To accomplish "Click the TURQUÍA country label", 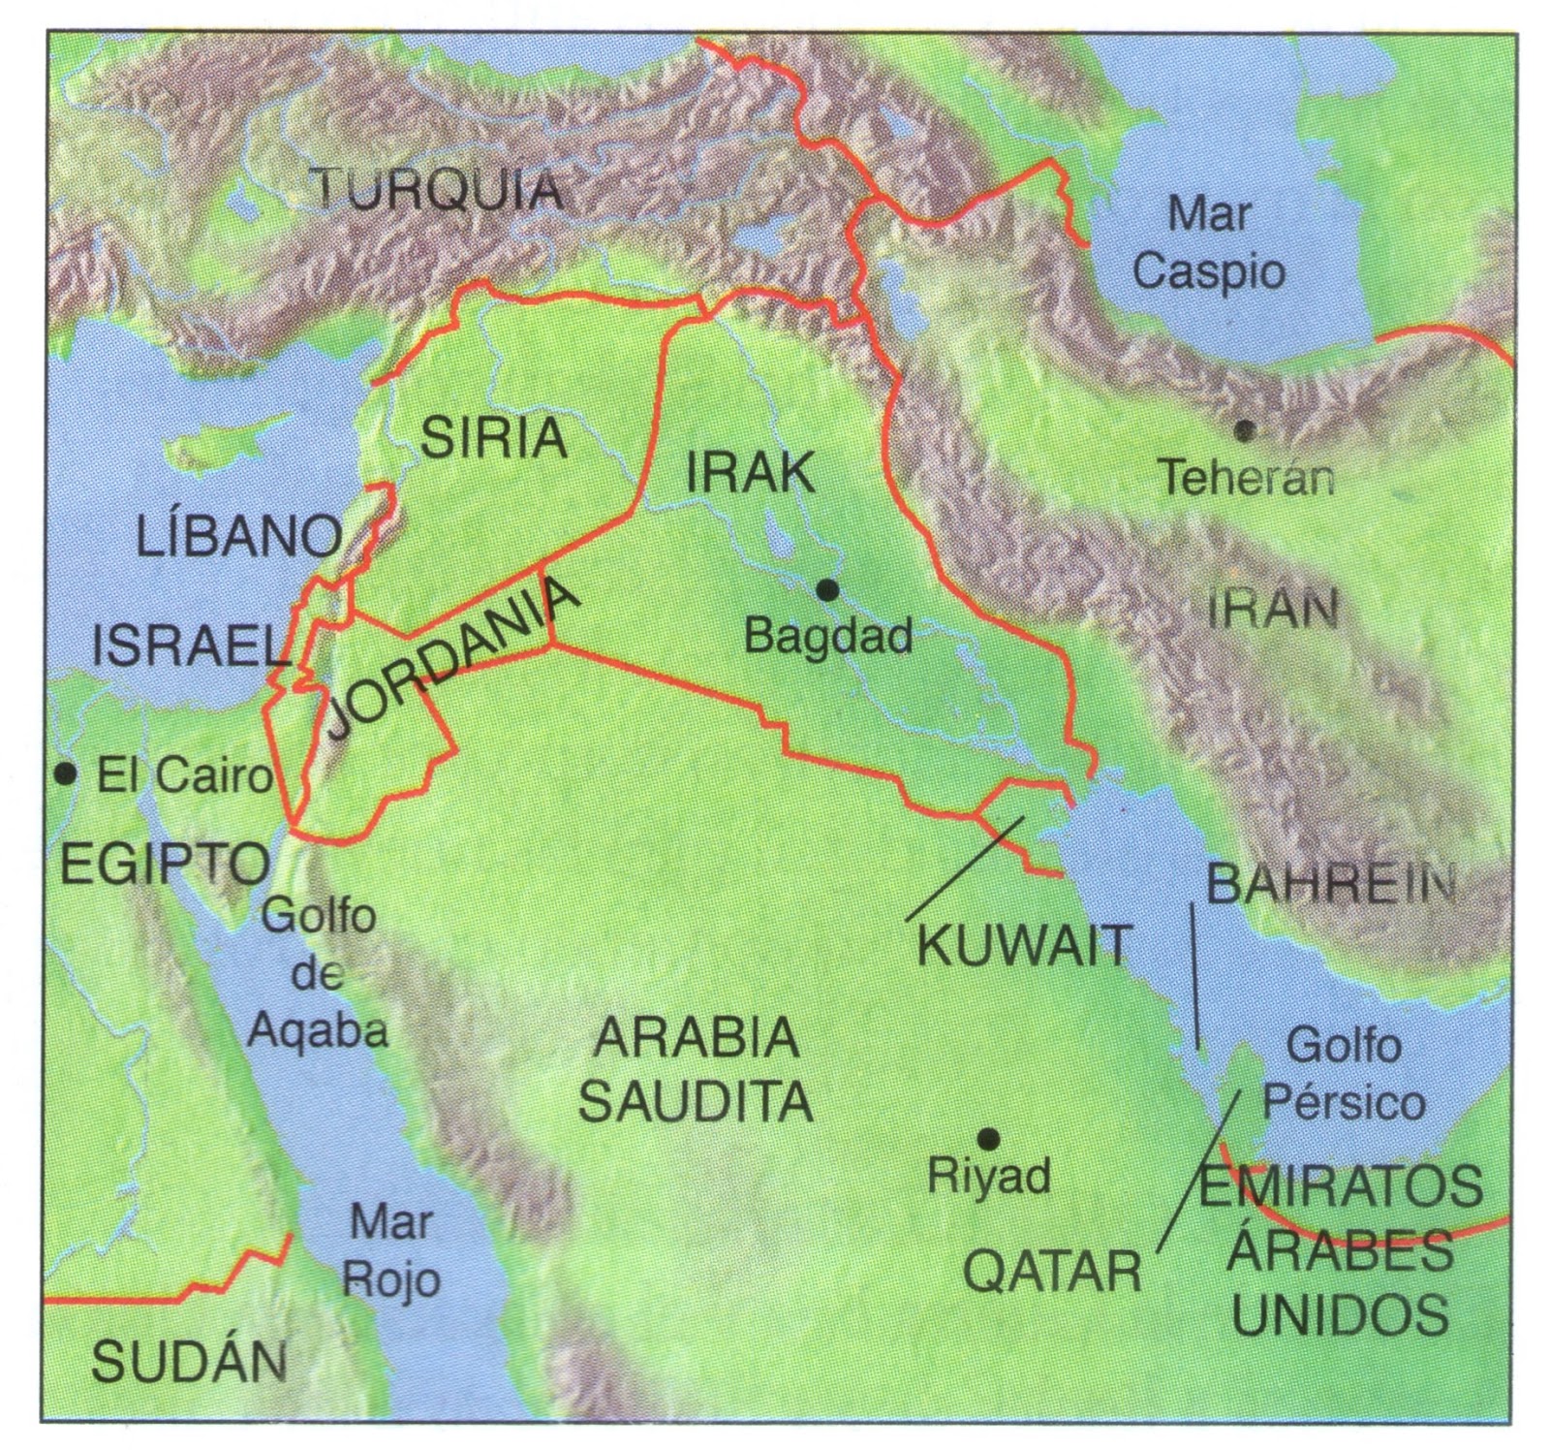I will (439, 190).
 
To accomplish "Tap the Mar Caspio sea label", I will (1209, 242).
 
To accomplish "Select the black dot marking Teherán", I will (1245, 428).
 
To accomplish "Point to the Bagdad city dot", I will (826, 589).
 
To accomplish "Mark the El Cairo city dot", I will (65, 773).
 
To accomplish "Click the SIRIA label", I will (493, 438).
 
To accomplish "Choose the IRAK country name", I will (751, 473).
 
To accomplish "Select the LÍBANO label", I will (239, 537).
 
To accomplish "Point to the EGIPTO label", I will (165, 862).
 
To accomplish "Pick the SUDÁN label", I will (190, 1362).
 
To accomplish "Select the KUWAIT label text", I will (1024, 945).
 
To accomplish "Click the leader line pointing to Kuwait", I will (964, 869).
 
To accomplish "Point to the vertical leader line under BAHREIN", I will (1194, 974).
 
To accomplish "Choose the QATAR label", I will (1052, 1271).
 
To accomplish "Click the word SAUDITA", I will (696, 1101).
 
